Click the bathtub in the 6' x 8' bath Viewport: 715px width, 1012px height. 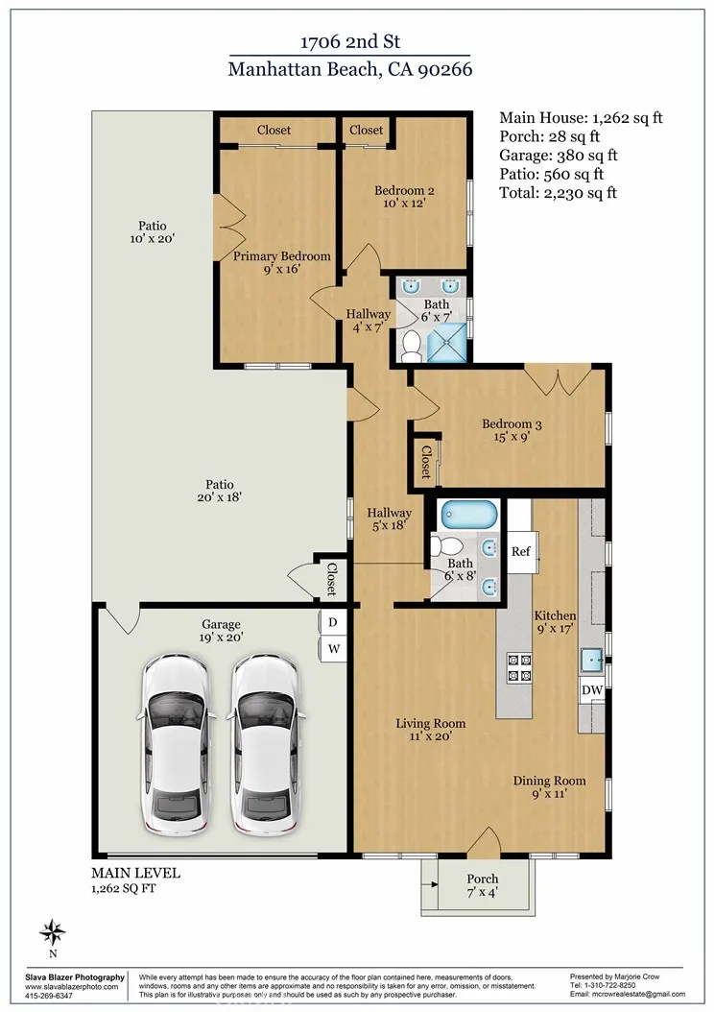(469, 515)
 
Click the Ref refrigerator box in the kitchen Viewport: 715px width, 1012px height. (521, 551)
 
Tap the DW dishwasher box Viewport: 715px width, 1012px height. (592, 690)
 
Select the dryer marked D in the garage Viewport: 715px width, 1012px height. (333, 622)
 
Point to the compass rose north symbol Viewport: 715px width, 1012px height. (54, 931)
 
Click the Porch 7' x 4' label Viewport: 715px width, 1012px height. (482, 885)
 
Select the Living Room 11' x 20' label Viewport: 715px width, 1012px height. (432, 730)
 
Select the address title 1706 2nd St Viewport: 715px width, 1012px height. (349, 42)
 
